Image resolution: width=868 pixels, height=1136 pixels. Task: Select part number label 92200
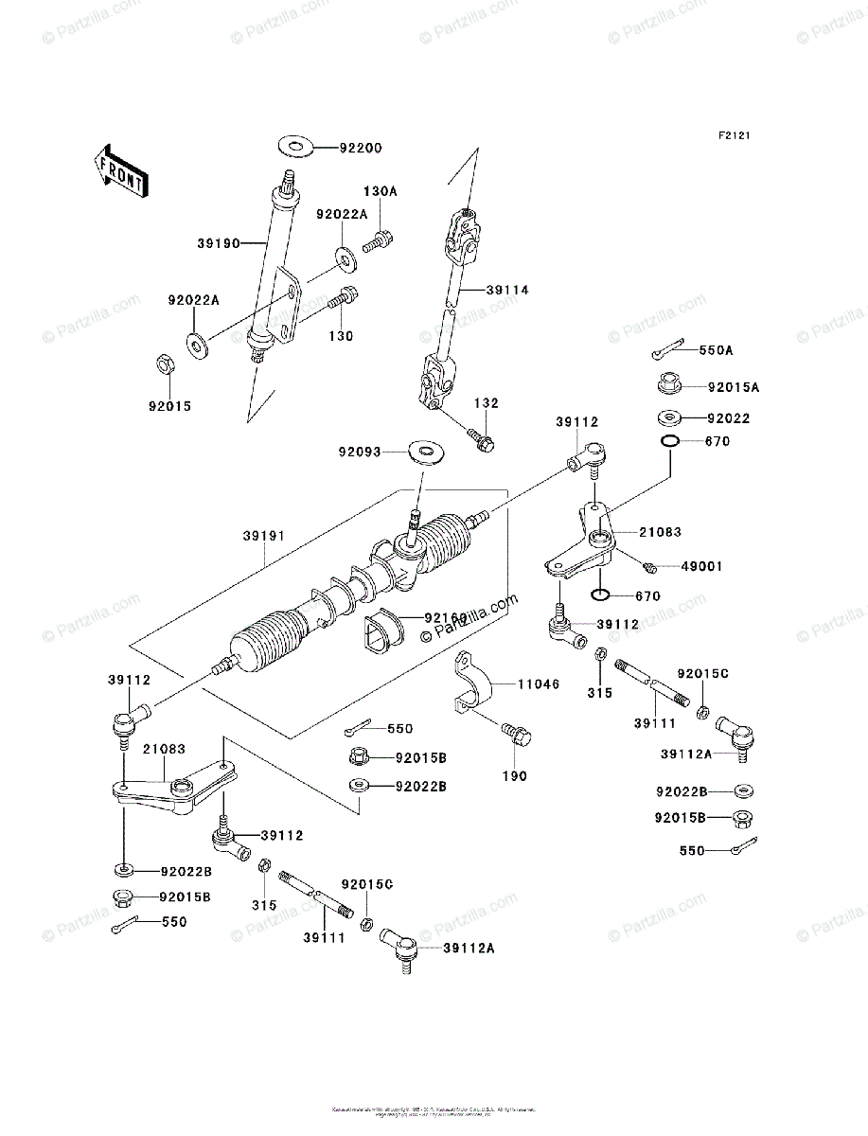[x=361, y=149]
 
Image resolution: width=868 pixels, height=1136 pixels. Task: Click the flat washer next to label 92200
[x=296, y=147]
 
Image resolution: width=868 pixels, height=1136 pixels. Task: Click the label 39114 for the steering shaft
[x=507, y=291]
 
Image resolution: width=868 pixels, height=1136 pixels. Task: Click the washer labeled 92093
[x=429, y=451]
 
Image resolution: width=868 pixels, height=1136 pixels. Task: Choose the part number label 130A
[x=381, y=191]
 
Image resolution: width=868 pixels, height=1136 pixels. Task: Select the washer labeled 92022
[x=669, y=417]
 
